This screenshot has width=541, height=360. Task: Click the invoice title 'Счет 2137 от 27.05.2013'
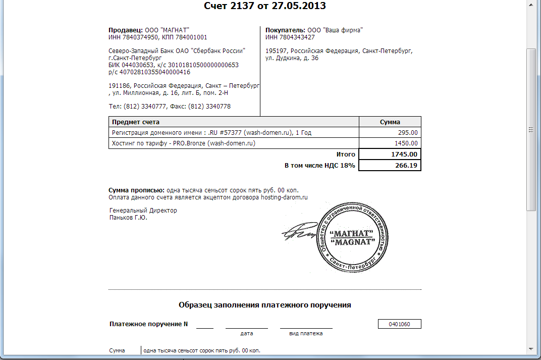click(x=264, y=6)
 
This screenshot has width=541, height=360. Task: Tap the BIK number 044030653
click(x=138, y=65)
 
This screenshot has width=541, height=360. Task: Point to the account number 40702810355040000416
click(x=154, y=72)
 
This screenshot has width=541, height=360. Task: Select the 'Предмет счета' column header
click(x=136, y=122)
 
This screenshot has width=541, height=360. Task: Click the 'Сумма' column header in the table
click(x=390, y=122)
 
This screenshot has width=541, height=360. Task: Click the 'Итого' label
click(x=346, y=155)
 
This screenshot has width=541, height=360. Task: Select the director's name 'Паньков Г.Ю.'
click(x=129, y=218)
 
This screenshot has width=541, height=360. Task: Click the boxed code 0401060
click(x=399, y=324)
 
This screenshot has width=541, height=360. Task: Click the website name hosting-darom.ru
click(x=284, y=197)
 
